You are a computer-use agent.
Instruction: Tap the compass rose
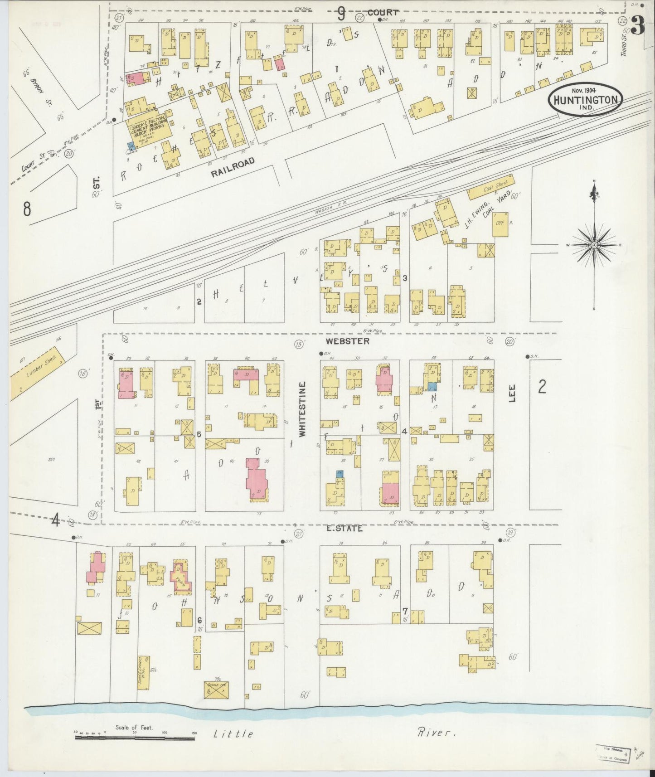pos(594,245)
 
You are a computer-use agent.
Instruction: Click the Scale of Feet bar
pos(135,738)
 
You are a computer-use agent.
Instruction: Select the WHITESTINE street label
pos(303,409)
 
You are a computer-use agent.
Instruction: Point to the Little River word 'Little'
pos(233,733)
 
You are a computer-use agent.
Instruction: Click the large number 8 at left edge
pos(27,209)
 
